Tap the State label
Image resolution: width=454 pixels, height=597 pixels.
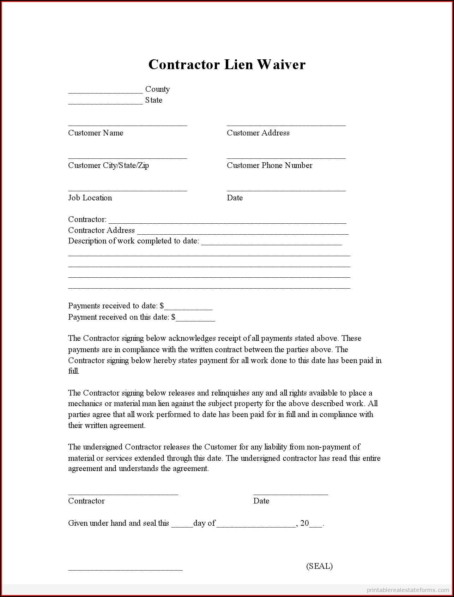click(x=154, y=100)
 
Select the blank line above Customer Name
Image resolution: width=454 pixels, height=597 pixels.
click(x=127, y=125)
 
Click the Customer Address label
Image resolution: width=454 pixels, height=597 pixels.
click(x=258, y=133)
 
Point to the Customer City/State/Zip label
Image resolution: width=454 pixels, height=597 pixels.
click(x=108, y=165)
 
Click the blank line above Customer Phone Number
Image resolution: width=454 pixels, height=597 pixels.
click(x=286, y=157)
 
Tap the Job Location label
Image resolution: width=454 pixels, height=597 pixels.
click(x=90, y=198)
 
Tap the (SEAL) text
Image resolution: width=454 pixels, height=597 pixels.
click(x=319, y=566)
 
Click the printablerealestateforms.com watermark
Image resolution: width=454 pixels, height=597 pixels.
click(x=407, y=590)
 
